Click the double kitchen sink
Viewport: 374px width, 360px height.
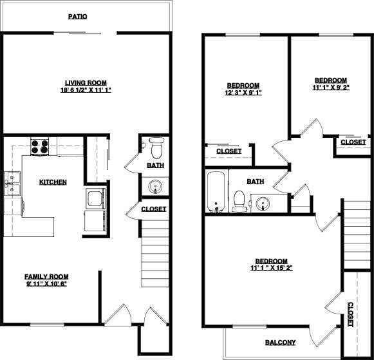tap(13, 184)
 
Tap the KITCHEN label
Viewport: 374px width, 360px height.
tap(53, 182)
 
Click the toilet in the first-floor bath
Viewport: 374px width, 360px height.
tap(156, 147)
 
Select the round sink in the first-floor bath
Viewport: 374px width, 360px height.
tap(154, 187)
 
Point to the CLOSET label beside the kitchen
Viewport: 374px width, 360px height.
tap(153, 209)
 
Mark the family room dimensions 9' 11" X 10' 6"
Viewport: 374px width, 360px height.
tap(46, 283)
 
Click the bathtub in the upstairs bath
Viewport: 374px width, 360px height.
tap(216, 192)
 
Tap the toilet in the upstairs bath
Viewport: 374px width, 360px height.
tap(238, 202)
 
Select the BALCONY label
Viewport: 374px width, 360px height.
tap(281, 342)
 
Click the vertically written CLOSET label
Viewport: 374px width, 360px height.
tap(351, 315)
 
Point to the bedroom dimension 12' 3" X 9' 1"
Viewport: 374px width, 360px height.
tap(243, 93)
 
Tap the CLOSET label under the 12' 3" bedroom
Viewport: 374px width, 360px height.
tap(229, 151)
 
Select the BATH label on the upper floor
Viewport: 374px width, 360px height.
tap(256, 182)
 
